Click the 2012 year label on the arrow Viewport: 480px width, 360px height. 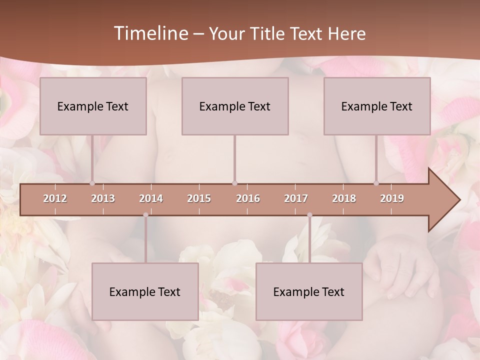pyautogui.click(x=55, y=198)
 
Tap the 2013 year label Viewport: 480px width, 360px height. pyautogui.click(x=103, y=198)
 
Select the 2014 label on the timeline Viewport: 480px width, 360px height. pyautogui.click(x=151, y=198)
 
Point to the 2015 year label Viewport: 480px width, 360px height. pyautogui.click(x=199, y=198)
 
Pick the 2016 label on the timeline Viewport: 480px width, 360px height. pyautogui.click(x=248, y=198)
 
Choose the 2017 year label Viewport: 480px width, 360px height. pyautogui.click(x=296, y=198)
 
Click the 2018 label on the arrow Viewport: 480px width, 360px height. pyautogui.click(x=344, y=198)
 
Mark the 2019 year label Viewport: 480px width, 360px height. pyautogui.click(x=392, y=198)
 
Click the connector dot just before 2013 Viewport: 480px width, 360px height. pyautogui.click(x=92, y=183)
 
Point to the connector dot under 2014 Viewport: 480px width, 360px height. pyautogui.click(x=145, y=215)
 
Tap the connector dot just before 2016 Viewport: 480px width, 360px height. pyautogui.click(x=234, y=183)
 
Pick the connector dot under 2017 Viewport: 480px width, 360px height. pyautogui.click(x=309, y=215)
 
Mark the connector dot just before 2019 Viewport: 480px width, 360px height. pyautogui.click(x=376, y=183)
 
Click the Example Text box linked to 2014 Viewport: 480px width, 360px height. pyautogui.click(x=145, y=291)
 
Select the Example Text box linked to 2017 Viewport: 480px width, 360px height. pyautogui.click(x=309, y=291)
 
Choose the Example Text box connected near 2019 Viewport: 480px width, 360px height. pyautogui.click(x=377, y=106)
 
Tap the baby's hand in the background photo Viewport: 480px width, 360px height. pyautogui.click(x=400, y=265)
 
